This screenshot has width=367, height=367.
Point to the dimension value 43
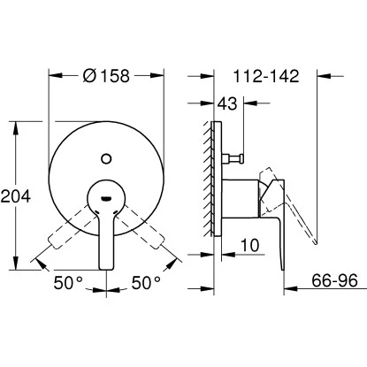click(228, 105)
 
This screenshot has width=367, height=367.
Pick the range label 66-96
click(334, 282)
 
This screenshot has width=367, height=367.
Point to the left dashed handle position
click(64, 230)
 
